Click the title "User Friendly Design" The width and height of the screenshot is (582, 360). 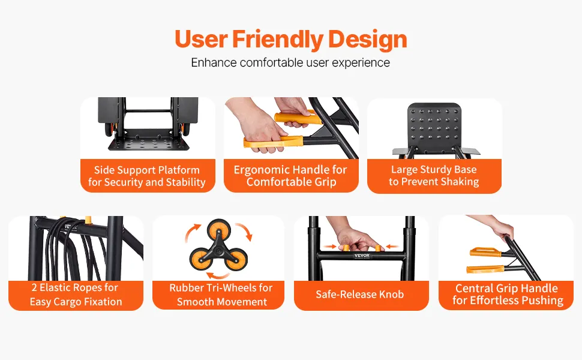tap(291, 40)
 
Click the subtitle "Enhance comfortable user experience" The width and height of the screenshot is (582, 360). tap(290, 62)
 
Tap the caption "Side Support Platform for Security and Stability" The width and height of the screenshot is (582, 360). tap(147, 176)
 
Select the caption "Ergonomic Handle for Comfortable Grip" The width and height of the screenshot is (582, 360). tap(290, 176)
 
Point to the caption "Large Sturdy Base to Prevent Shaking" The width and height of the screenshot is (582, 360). tap(434, 176)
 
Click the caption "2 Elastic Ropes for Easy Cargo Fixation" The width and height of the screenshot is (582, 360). tap(76, 295)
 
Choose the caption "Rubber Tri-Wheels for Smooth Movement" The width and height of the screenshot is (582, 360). tap(221, 295)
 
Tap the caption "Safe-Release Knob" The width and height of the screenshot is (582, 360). tap(359, 295)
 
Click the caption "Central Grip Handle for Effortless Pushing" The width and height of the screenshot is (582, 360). tap(508, 294)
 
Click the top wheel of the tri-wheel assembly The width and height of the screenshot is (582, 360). tap(218, 230)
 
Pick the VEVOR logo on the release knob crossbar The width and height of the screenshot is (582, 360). tap(362, 256)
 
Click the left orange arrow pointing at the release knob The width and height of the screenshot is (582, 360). tap(329, 247)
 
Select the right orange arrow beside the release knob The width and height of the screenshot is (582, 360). tap(392, 247)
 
